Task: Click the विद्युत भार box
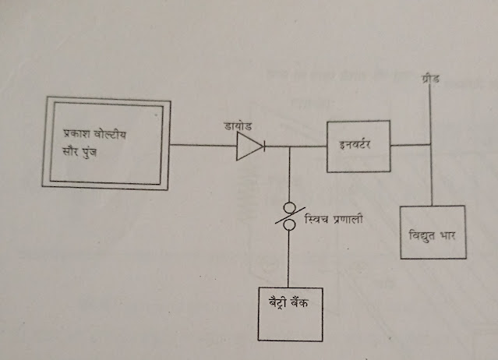tap(433, 234)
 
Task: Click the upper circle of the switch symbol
tap(288, 207)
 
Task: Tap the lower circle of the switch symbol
tap(288, 224)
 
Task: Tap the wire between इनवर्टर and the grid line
tap(410, 144)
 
